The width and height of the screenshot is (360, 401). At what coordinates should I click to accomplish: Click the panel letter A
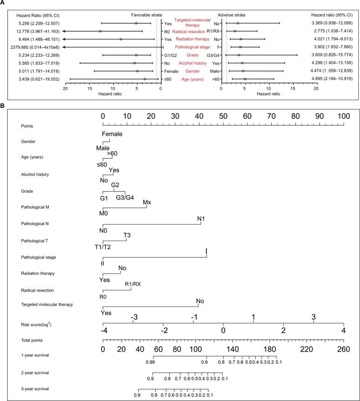click(3, 4)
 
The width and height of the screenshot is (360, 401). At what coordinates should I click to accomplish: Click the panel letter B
click(3, 107)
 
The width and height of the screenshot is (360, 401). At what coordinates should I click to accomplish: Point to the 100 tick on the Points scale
click(344, 115)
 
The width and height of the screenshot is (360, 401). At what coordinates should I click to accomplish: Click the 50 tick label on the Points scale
click(223, 115)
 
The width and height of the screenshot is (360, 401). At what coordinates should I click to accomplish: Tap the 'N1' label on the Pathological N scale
click(200, 219)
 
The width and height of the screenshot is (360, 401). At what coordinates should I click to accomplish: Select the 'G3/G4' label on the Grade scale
click(125, 197)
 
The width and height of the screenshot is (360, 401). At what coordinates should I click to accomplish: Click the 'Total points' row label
click(26, 341)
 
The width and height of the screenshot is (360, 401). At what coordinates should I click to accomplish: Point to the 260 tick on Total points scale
click(344, 349)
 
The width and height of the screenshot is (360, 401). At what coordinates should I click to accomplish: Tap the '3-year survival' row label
click(27, 388)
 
